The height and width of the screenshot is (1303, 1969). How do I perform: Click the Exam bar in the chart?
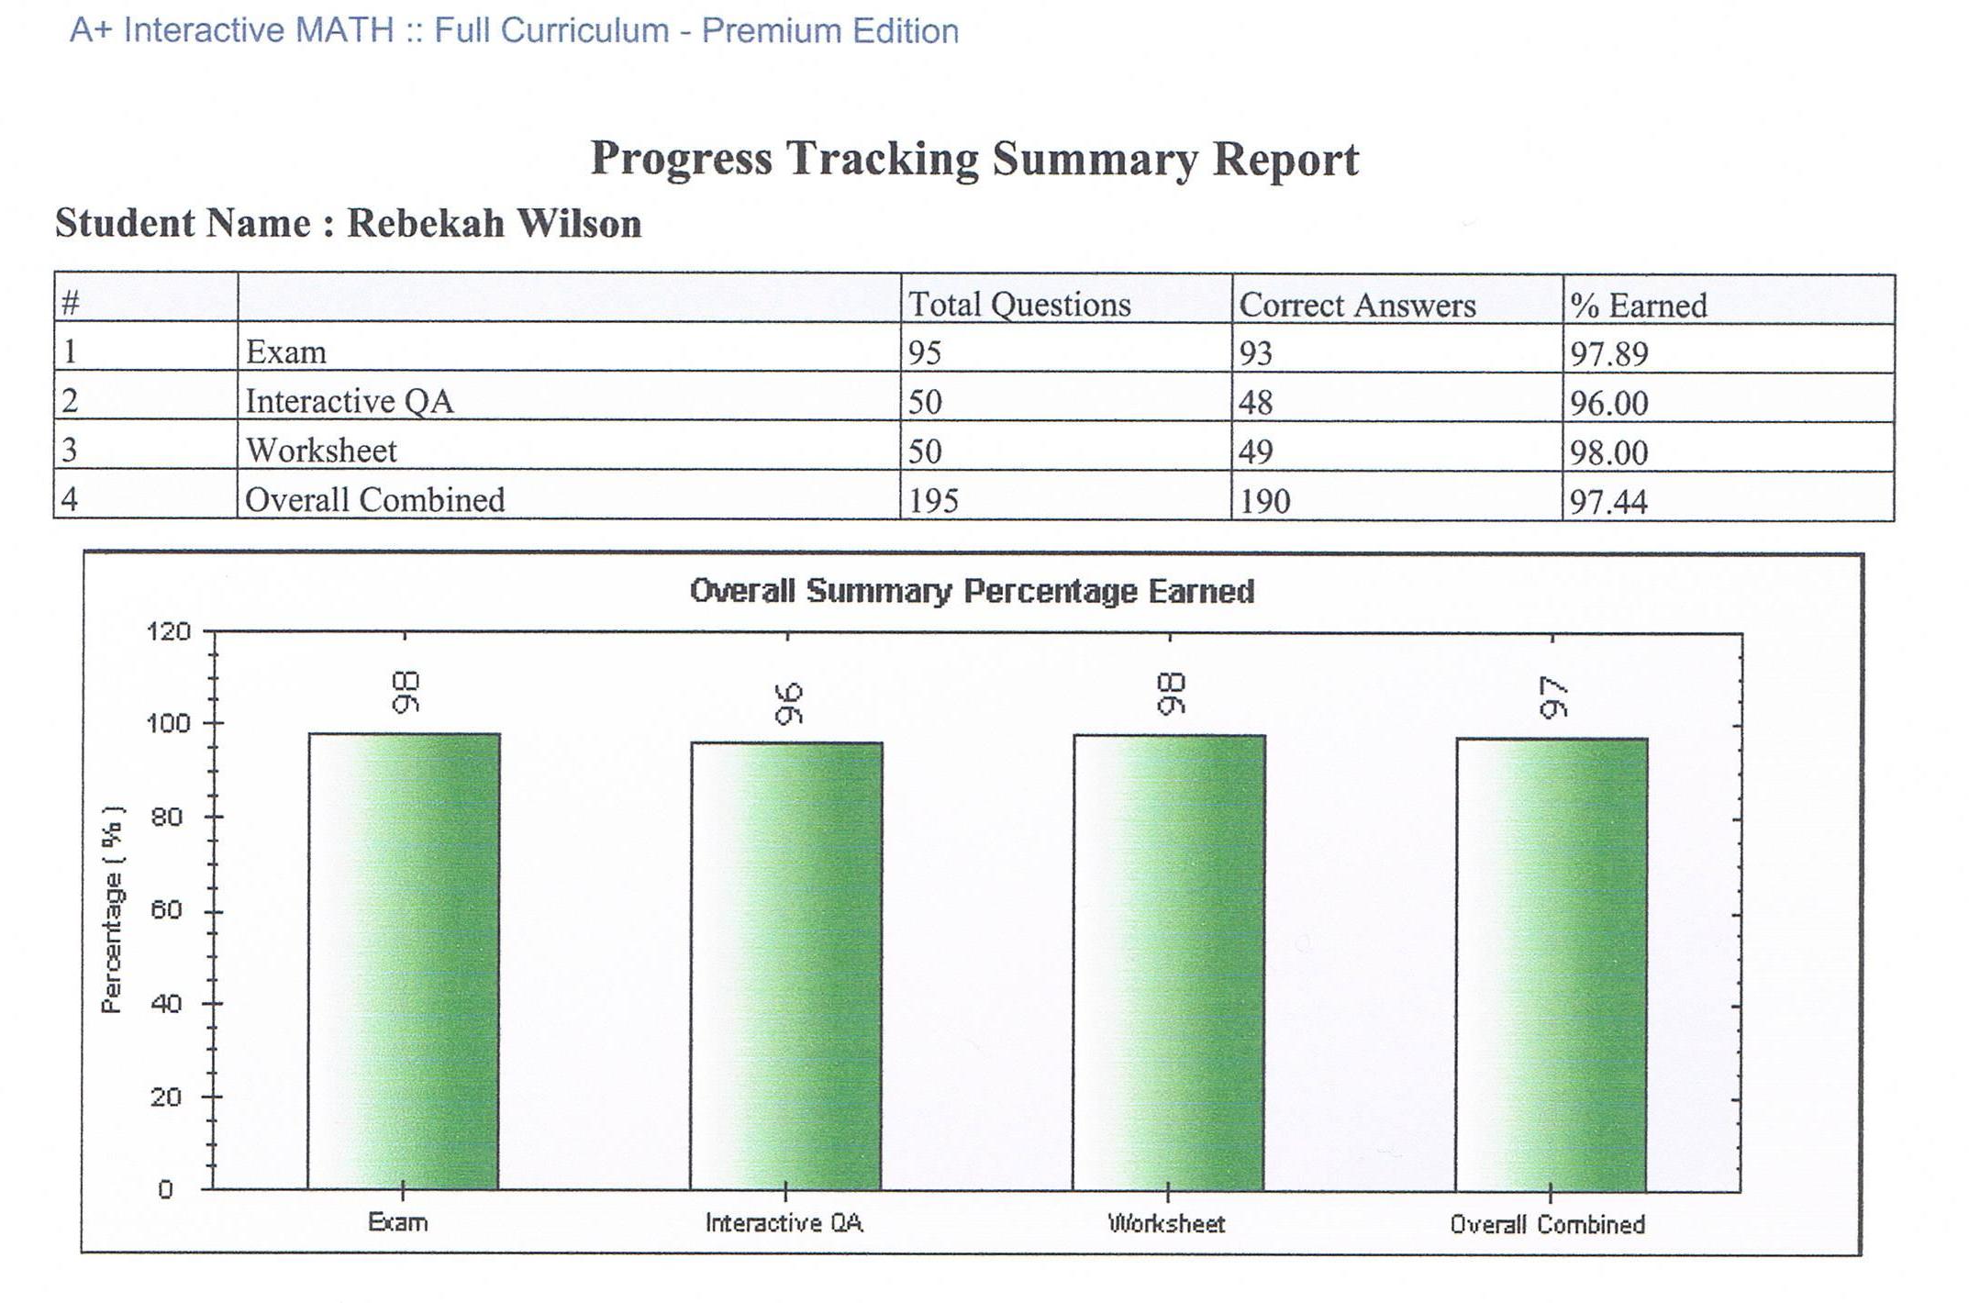404,962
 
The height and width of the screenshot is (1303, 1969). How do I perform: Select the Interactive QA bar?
786,966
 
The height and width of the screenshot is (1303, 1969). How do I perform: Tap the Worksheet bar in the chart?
1169,963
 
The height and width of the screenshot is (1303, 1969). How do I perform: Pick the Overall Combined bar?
1552,964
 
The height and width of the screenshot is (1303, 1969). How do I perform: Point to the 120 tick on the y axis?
168,631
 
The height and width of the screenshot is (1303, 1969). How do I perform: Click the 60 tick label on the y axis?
166,910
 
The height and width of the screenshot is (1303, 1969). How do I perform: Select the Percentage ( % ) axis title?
112,910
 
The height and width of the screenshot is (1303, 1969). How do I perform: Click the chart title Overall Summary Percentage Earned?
972,591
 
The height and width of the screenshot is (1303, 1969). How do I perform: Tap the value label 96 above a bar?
788,703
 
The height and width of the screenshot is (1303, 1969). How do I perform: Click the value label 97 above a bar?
1553,697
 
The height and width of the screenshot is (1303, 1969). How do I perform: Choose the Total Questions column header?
1019,304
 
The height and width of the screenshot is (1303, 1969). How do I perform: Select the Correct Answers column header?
1357,305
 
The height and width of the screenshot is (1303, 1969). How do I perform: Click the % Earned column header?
1638,305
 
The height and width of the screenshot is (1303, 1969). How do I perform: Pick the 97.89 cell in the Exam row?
1608,353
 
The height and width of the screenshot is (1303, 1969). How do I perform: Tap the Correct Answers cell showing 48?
1255,402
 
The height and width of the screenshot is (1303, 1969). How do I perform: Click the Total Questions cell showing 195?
933,500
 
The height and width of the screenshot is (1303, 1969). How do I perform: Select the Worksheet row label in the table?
321,451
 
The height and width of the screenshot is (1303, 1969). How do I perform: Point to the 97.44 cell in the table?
1608,501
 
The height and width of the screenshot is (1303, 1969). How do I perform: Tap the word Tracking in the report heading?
882,159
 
